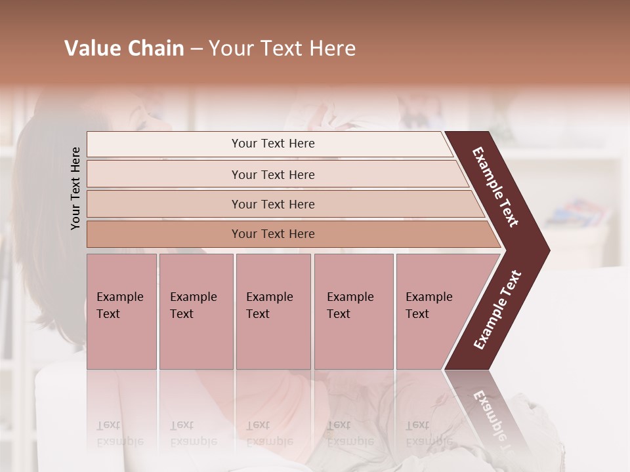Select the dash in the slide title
tap(196, 49)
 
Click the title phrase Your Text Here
tap(282, 49)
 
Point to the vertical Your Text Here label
tap(75, 188)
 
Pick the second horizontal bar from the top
tap(273, 174)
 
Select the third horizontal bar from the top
tap(273, 204)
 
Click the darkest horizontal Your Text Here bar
tap(273, 234)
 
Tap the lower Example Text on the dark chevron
tap(497, 309)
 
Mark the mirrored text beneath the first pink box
tap(120, 434)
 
